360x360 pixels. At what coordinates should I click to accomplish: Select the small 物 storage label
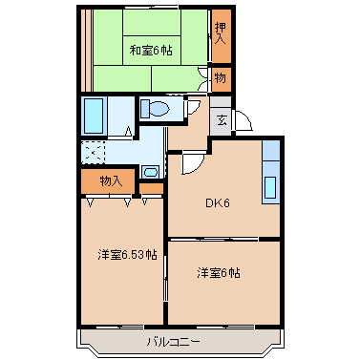point(221,77)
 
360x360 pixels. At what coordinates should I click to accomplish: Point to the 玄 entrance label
point(221,119)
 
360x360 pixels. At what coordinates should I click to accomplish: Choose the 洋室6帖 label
point(219,273)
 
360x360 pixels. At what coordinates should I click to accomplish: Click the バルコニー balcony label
point(173,341)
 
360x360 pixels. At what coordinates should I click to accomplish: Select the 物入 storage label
point(111,180)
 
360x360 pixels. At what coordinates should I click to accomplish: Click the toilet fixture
point(157,109)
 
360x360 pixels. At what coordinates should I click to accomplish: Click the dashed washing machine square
point(94,153)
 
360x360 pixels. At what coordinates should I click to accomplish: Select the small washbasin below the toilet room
point(150,172)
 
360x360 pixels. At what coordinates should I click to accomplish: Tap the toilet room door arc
point(192,106)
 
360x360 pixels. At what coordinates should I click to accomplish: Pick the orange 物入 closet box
point(111,180)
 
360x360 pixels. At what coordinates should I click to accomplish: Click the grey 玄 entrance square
point(221,119)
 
